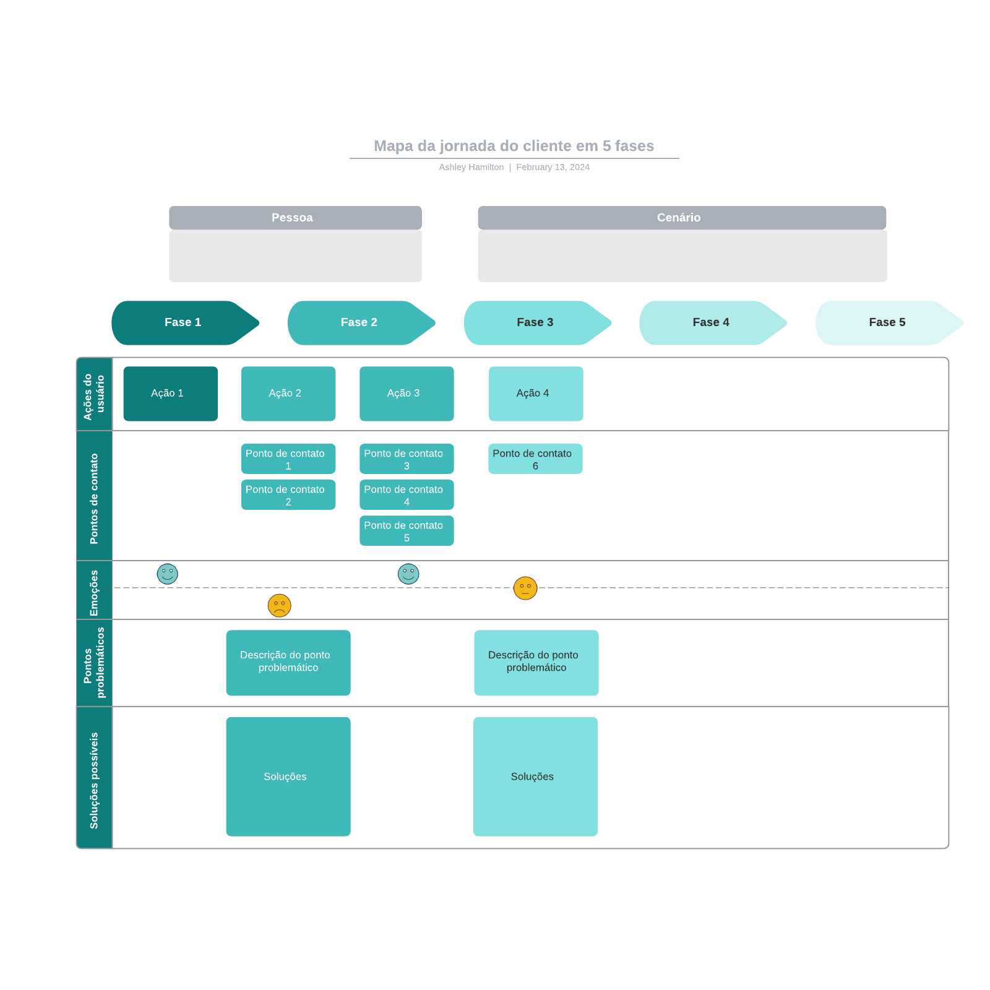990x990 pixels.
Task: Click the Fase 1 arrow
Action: click(x=183, y=322)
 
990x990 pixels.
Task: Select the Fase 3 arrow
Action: click(x=535, y=322)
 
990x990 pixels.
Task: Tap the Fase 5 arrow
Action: click(x=887, y=322)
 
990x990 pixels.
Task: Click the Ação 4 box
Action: click(x=535, y=394)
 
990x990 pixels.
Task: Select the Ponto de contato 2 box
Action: click(x=288, y=495)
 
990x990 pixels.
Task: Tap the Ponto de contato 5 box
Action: click(x=407, y=531)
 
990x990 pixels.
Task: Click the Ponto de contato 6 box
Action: click(x=535, y=459)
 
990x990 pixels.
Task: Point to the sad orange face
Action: click(x=279, y=605)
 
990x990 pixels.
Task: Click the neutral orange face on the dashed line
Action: click(x=525, y=588)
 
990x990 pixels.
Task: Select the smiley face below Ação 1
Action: click(x=167, y=574)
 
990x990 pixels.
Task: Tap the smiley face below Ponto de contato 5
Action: click(x=408, y=574)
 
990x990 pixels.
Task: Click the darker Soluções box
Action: click(x=288, y=777)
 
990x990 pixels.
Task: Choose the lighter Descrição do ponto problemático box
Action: click(x=536, y=663)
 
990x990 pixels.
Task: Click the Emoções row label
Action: click(x=94, y=592)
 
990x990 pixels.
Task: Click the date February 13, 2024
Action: click(x=553, y=167)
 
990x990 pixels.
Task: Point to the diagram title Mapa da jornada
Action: click(x=514, y=146)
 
